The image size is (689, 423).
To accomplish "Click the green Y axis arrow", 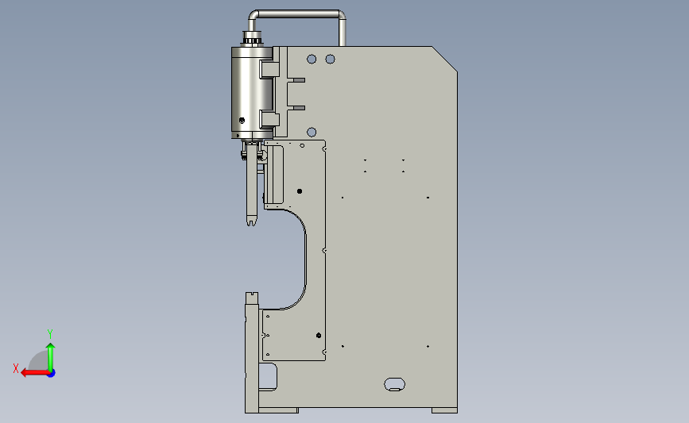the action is coord(51,357).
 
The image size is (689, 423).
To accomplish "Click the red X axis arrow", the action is coord(35,373).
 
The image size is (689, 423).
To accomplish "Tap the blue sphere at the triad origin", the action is coord(52,374).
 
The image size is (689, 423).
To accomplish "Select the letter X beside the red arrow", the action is coord(16,368).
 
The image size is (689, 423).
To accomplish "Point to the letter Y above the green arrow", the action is coord(50,334).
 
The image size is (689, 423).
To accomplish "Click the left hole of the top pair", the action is coord(312,59).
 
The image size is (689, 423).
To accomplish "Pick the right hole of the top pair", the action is coord(330,59).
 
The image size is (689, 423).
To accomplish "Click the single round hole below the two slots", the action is coord(312,132).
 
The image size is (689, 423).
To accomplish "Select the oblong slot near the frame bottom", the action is coord(395,384).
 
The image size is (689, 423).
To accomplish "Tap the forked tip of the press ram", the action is coord(251,222).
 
